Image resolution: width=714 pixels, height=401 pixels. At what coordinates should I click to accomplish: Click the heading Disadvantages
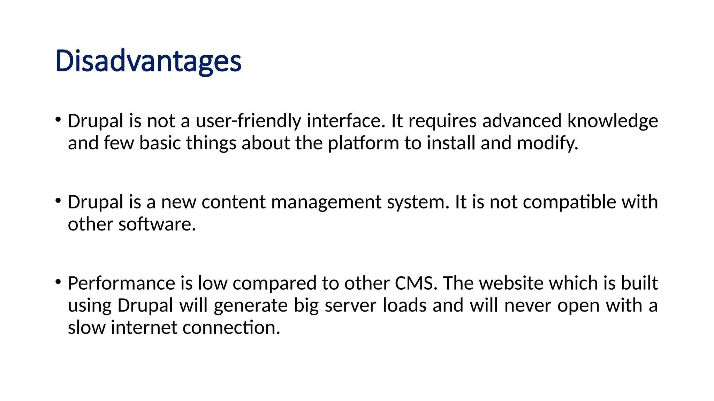click(x=148, y=62)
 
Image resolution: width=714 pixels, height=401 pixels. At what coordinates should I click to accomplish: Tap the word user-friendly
click(x=248, y=121)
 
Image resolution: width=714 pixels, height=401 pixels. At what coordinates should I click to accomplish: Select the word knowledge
click(x=613, y=121)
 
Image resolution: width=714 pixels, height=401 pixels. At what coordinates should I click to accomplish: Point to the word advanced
click(x=522, y=121)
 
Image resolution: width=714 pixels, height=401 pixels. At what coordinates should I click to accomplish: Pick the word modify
click(x=547, y=143)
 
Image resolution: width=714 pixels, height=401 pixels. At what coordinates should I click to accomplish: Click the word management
click(x=326, y=202)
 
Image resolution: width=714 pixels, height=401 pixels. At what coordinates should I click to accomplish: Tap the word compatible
click(x=570, y=202)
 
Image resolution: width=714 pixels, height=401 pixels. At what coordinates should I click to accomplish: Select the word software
click(x=157, y=225)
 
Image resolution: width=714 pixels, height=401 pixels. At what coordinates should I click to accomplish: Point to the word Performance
click(x=121, y=283)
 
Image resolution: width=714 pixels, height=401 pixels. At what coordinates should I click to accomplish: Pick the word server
click(x=350, y=306)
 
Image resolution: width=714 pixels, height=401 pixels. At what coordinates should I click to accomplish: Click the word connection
click(x=231, y=328)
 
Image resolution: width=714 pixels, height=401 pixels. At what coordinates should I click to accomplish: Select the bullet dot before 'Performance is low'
click(x=58, y=282)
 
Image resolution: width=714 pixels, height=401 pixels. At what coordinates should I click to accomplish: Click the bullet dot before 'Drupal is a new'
click(x=58, y=200)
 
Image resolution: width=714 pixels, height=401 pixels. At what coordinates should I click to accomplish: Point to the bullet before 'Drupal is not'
click(x=58, y=119)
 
